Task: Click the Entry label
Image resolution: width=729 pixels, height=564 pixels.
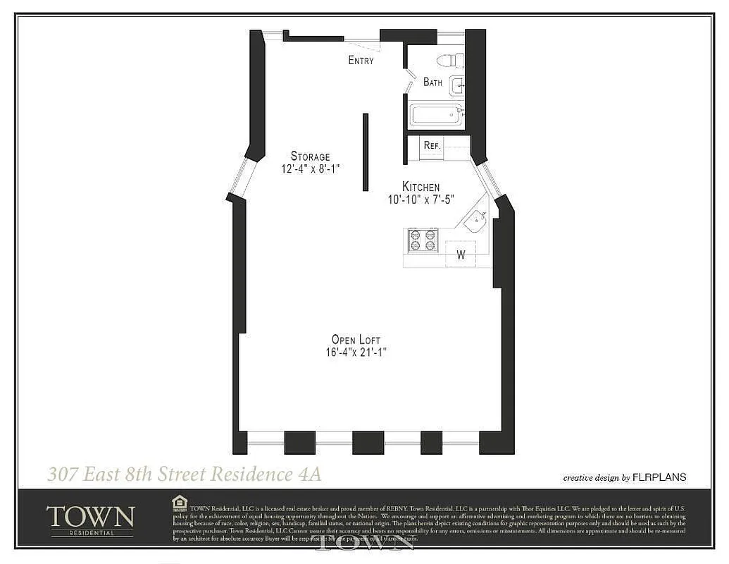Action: tap(361, 61)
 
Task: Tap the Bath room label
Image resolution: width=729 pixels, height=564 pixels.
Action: tap(432, 82)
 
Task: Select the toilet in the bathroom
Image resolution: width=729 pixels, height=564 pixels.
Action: tap(449, 60)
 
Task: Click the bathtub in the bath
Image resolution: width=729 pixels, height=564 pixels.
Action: tap(436, 115)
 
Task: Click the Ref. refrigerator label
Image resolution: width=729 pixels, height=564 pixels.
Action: tap(432, 146)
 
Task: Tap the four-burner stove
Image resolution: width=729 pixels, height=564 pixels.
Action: tap(423, 240)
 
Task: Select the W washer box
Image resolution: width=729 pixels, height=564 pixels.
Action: tap(461, 255)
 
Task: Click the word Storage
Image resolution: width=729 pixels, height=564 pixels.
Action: tap(310, 157)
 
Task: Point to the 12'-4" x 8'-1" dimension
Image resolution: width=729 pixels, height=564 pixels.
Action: tap(310, 169)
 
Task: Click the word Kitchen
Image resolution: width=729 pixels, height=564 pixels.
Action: tap(420, 187)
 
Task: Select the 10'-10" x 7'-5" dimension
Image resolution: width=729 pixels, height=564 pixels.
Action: tap(420, 200)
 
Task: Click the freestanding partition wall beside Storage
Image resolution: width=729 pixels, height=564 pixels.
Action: tap(366, 152)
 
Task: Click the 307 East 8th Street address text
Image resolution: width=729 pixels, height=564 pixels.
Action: tap(185, 474)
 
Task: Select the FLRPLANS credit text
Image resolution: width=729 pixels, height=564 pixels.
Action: tap(660, 477)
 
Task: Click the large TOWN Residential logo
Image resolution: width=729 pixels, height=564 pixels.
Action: tap(90, 519)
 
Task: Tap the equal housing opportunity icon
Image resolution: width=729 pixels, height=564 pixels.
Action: tap(180, 501)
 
